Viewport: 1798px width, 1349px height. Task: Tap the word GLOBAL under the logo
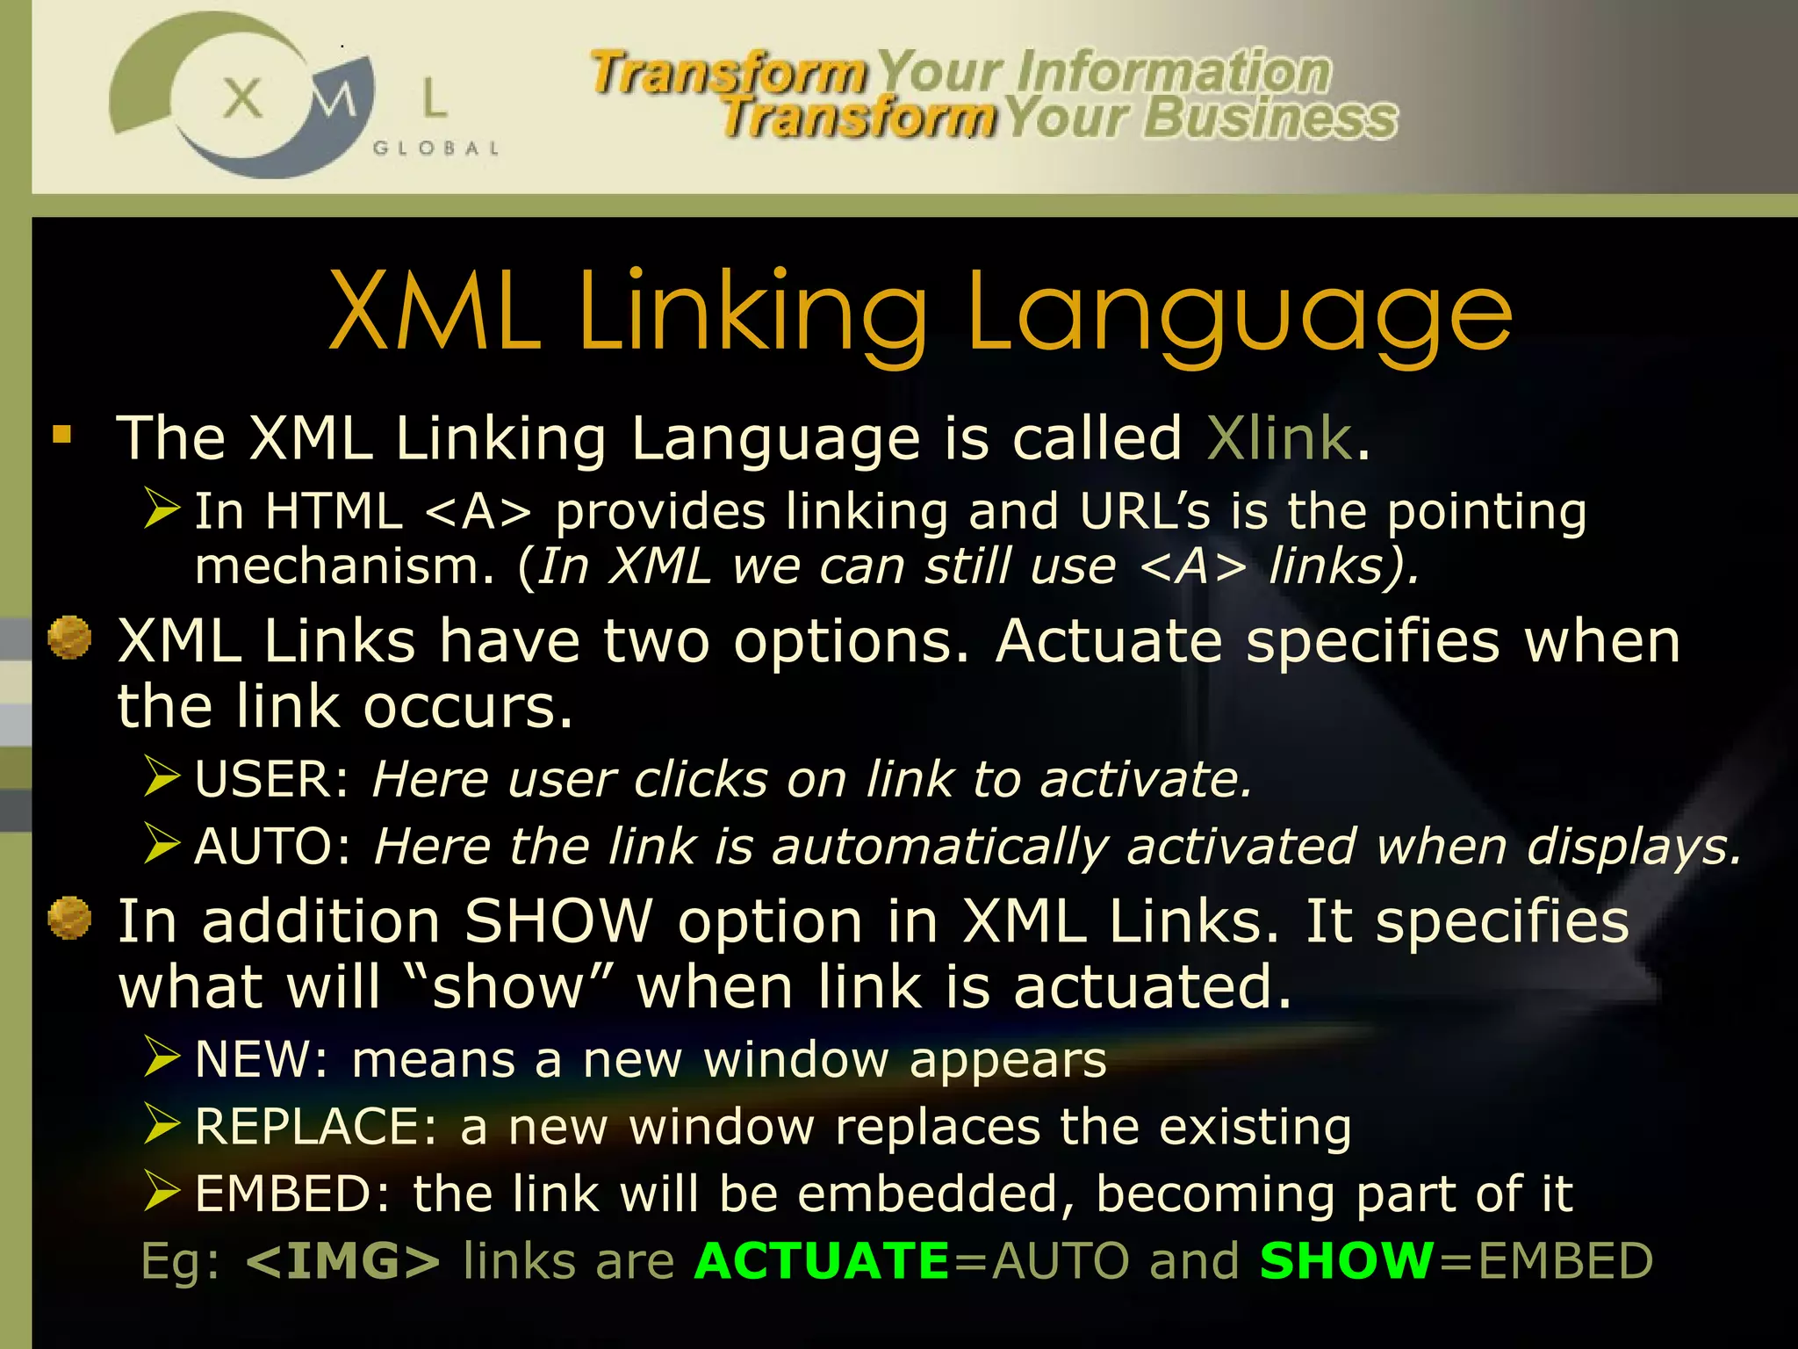[436, 148]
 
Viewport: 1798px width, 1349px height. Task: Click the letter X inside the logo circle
[242, 98]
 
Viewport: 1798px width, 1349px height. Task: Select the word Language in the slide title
[1239, 314]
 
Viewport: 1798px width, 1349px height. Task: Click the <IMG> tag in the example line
[343, 1261]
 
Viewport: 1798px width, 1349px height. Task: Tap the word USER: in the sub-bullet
[272, 779]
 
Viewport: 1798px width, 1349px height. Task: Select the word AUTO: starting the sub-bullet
[273, 847]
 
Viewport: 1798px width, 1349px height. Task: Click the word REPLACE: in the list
[316, 1127]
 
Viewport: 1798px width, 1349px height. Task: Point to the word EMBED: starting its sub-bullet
[292, 1194]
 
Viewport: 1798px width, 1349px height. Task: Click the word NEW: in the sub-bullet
[261, 1059]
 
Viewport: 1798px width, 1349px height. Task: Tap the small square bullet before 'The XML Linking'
[61, 435]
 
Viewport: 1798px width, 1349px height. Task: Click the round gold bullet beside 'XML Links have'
[69, 637]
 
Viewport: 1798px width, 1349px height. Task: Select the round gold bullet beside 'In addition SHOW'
[69, 918]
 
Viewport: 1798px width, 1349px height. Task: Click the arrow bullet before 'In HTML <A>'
[162, 509]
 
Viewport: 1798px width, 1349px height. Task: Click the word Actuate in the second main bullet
[1108, 641]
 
